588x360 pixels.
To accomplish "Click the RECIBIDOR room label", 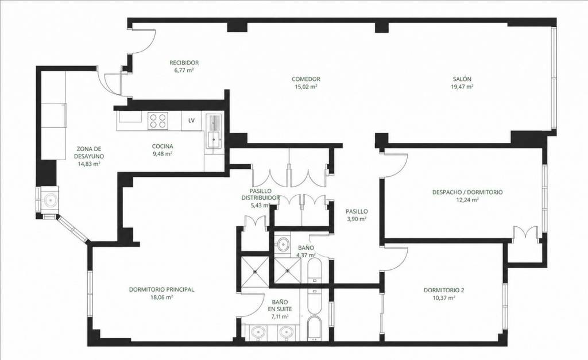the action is click(184, 63).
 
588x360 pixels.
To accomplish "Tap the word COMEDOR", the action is click(306, 79).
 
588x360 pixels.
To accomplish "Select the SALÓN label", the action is click(462, 79).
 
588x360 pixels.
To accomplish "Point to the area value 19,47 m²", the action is click(462, 87).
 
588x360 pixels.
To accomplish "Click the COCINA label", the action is click(163, 146).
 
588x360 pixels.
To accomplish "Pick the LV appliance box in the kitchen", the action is click(191, 121).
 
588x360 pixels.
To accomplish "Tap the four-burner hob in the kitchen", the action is click(157, 121).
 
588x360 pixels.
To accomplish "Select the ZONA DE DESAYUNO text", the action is click(89, 152).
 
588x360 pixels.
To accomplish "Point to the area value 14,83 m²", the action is click(88, 164).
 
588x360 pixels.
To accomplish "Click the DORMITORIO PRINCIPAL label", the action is click(161, 289).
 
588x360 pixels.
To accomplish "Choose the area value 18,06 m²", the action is click(161, 297).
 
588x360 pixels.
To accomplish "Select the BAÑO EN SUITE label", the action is click(280, 305).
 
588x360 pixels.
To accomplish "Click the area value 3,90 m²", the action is click(356, 219).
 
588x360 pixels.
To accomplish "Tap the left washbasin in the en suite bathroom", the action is click(258, 332).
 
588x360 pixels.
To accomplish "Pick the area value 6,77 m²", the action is click(184, 70).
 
